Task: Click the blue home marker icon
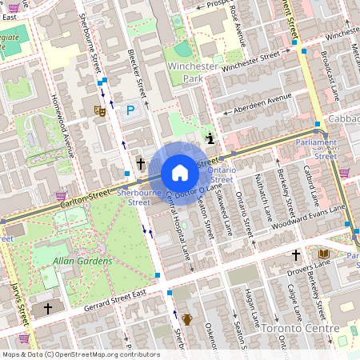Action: tap(180, 173)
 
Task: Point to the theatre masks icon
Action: tap(100, 111)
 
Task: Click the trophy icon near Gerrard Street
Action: tap(186, 318)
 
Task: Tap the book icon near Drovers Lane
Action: tap(323, 254)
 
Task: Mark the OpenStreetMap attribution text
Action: tap(70, 354)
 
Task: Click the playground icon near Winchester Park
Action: tap(210, 138)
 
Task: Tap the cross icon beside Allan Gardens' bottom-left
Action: tap(47, 308)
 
